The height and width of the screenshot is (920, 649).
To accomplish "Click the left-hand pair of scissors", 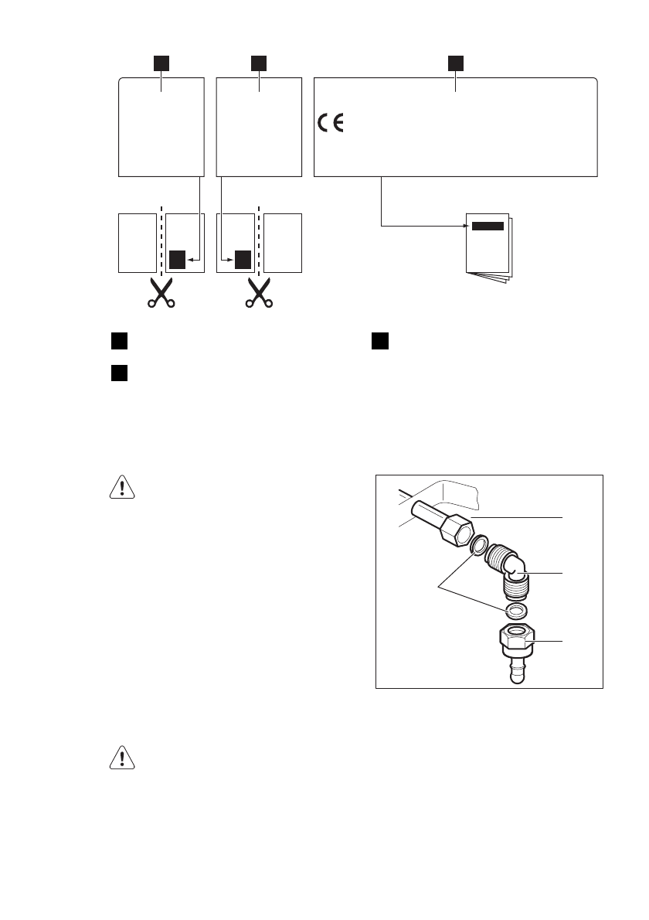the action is click(161, 293).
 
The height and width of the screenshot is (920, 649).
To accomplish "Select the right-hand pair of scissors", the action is click(258, 293).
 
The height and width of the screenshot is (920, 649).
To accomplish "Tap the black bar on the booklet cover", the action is click(488, 227).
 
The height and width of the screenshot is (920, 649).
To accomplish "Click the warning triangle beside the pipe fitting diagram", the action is click(122, 486).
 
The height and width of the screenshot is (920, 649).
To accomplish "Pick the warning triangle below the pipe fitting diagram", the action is click(122, 759).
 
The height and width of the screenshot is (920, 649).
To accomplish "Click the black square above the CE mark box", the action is click(456, 62).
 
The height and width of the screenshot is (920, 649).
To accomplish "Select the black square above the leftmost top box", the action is click(161, 62).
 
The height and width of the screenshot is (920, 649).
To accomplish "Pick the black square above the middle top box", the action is click(259, 62).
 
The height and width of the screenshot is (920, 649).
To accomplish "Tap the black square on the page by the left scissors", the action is click(178, 259).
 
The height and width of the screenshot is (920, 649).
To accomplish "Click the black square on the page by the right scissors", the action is click(243, 259).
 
